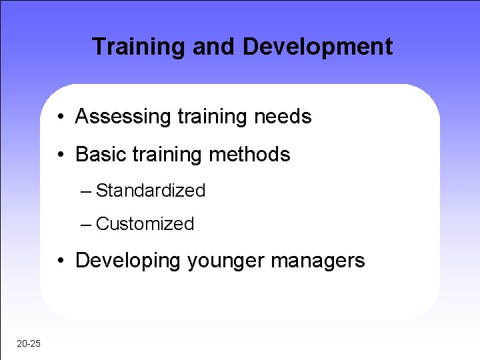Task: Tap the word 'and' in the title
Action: click(213, 47)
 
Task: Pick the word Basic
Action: click(99, 155)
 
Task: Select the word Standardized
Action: click(151, 191)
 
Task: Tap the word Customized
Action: click(145, 224)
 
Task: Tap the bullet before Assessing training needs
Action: click(61, 118)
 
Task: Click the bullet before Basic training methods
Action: click(61, 155)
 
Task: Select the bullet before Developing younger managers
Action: click(61, 261)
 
